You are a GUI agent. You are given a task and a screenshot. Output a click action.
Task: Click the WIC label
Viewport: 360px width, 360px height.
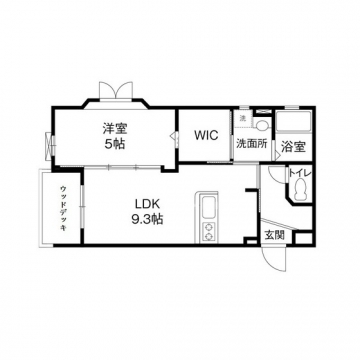(x=206, y=133)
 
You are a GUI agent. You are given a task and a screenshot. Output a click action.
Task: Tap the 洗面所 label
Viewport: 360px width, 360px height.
(x=251, y=144)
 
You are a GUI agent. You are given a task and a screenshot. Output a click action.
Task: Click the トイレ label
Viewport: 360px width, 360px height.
(x=299, y=174)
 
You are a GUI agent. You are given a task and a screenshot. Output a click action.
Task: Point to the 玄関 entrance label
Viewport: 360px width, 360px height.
(x=274, y=235)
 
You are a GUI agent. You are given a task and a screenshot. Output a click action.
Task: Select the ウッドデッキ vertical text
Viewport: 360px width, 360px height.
(x=62, y=209)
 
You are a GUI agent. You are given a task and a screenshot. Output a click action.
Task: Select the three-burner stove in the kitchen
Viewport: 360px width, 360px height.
(x=210, y=233)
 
